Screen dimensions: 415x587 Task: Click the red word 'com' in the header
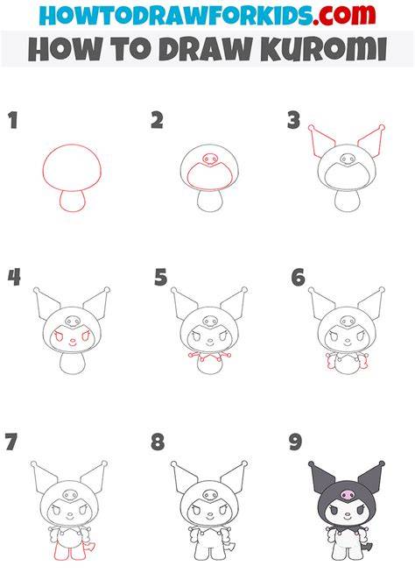(347, 15)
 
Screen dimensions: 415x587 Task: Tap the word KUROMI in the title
(323, 49)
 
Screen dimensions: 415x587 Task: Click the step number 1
(13, 121)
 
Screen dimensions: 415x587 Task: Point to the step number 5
(161, 278)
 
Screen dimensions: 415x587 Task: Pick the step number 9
(295, 442)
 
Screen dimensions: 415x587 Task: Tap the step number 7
(11, 442)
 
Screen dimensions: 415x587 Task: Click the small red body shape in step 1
(73, 201)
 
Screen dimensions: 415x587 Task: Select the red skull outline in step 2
(210, 159)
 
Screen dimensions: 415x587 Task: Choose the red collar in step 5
(210, 357)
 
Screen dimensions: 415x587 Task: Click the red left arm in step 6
(331, 361)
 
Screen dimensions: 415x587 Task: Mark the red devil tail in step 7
(90, 547)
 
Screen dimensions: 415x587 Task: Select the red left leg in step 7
(60, 552)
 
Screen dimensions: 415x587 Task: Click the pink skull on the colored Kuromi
(348, 495)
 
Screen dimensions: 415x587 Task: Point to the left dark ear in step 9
(321, 477)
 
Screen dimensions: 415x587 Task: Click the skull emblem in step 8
(210, 495)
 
